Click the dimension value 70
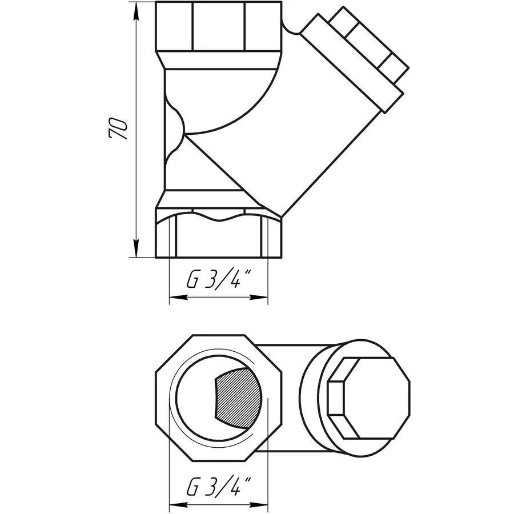[119, 130]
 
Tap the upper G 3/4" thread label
[219, 280]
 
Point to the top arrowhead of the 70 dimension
[136, 8]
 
